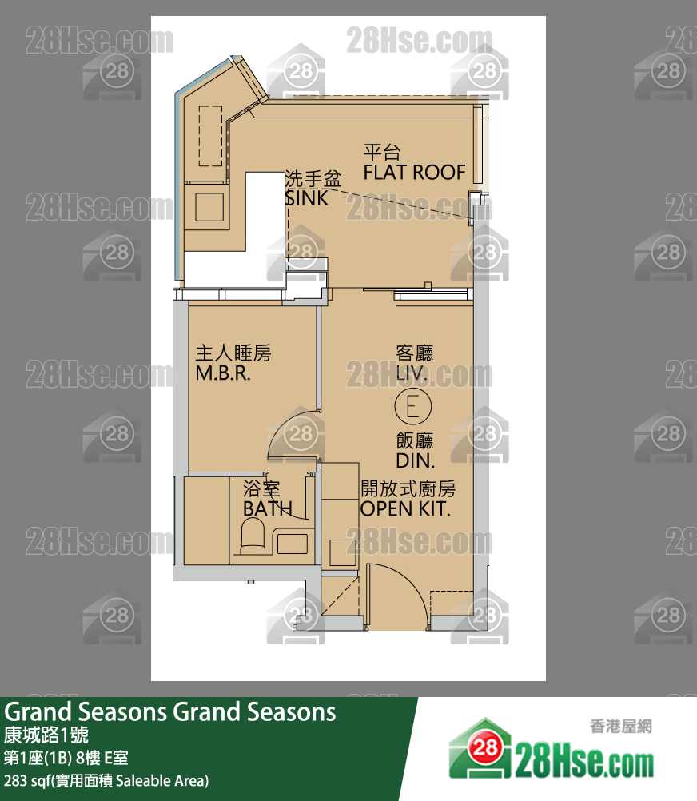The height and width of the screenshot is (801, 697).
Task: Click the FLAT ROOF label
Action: [414, 172]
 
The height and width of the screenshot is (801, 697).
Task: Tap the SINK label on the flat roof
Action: [306, 198]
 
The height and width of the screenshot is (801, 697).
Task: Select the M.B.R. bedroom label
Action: [223, 373]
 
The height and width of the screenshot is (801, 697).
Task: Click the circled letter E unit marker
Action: [413, 408]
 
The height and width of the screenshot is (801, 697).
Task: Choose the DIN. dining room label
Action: [415, 460]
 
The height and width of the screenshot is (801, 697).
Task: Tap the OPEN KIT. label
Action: [405, 508]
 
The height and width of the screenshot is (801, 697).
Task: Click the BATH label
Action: [267, 508]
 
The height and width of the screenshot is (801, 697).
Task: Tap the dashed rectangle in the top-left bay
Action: [210, 136]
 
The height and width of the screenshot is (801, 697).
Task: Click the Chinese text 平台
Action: [381, 153]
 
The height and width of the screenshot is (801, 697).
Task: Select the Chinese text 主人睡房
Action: [233, 353]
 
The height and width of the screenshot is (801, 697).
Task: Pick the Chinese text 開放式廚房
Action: [408, 488]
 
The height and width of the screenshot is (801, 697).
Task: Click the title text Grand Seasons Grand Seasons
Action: [170, 711]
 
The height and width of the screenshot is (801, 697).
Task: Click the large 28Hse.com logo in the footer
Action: [552, 755]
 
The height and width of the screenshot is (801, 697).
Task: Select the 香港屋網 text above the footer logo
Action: [620, 726]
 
